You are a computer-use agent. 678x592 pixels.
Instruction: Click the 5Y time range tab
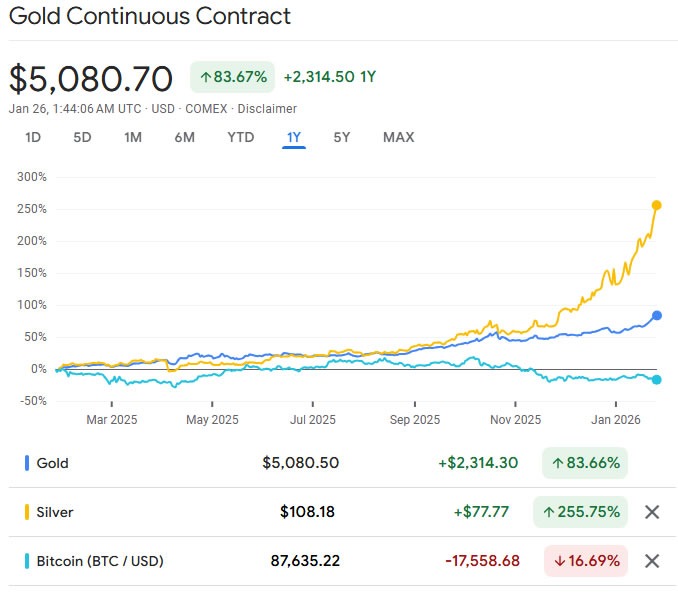pos(342,137)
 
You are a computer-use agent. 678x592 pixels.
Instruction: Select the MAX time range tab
pos(398,137)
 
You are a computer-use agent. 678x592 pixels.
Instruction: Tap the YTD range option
pos(241,137)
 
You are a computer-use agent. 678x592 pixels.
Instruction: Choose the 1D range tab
pos(32,137)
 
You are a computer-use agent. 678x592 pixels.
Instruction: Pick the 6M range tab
pos(184,137)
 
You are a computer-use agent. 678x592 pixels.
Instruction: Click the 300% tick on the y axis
pos(31,177)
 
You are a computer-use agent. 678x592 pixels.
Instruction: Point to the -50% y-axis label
pos(31,401)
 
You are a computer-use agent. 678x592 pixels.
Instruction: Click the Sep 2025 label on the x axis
pos(413,420)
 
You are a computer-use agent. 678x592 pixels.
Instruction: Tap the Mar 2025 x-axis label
pos(110,420)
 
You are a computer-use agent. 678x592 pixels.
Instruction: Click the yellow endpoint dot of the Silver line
pos(657,205)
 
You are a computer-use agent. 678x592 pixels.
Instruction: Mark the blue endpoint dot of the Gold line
pos(657,315)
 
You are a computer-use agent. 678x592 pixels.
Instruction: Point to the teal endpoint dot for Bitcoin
pos(657,379)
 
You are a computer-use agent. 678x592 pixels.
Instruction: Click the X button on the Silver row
pos(652,512)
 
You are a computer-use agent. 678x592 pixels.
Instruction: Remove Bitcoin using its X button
pos(652,561)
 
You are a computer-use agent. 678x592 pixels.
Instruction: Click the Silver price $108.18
pos(307,512)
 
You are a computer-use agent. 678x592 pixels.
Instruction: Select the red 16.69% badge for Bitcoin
pos(585,561)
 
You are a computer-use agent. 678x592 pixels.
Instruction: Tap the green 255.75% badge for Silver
pos(580,512)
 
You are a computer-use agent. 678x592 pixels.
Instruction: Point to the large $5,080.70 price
pos(91,78)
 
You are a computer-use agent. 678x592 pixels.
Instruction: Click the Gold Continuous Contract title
pos(150,17)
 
